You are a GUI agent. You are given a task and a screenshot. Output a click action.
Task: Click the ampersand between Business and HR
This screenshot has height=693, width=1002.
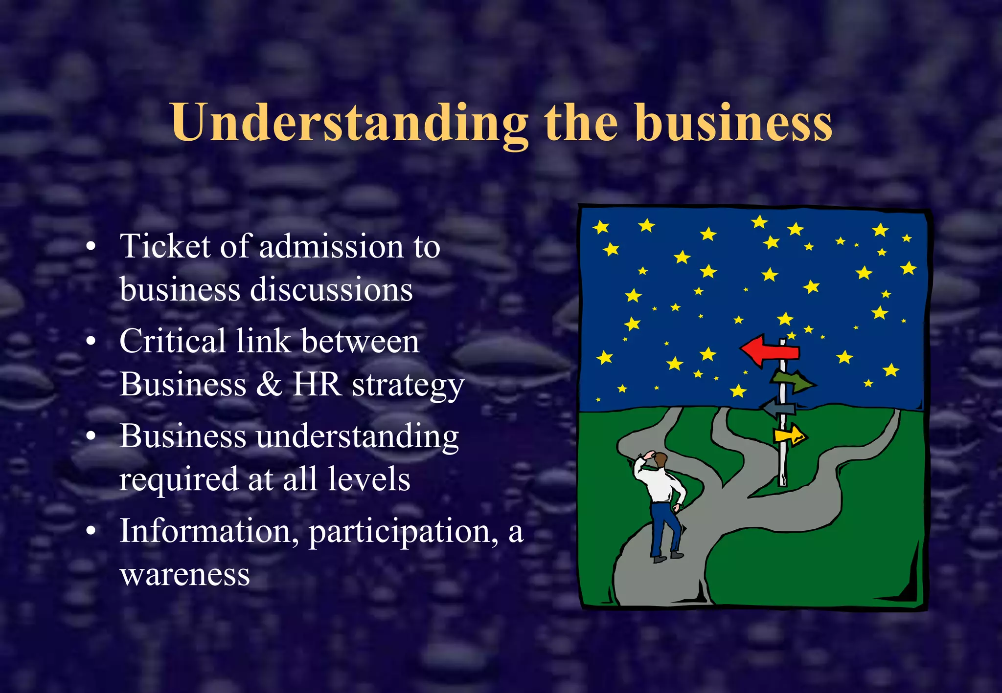(x=269, y=384)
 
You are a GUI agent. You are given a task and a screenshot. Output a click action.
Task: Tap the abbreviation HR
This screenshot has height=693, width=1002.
(x=317, y=384)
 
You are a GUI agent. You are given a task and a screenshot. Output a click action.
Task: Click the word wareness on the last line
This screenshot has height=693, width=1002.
(x=185, y=575)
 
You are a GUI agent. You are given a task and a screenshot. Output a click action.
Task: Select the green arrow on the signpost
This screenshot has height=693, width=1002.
(x=794, y=381)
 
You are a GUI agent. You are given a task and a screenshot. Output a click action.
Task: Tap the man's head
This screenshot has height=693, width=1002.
(x=660, y=459)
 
